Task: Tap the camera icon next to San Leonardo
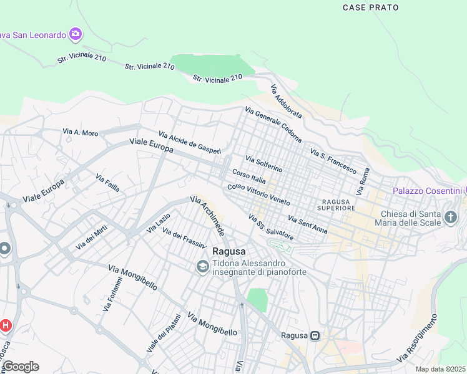(76, 34)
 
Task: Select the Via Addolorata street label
(287, 102)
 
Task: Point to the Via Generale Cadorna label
(273, 125)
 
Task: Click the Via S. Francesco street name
(333, 161)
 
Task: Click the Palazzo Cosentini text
(427, 190)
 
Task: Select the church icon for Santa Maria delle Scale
(451, 218)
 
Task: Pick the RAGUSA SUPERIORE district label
(338, 205)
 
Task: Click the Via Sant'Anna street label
(307, 224)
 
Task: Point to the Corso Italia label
(249, 176)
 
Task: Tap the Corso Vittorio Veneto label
(258, 195)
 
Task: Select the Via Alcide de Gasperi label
(190, 143)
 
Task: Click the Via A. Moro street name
(81, 132)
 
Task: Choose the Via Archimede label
(207, 216)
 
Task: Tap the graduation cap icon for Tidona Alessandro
(202, 267)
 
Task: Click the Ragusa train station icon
(316, 335)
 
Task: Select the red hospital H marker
(5, 325)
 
